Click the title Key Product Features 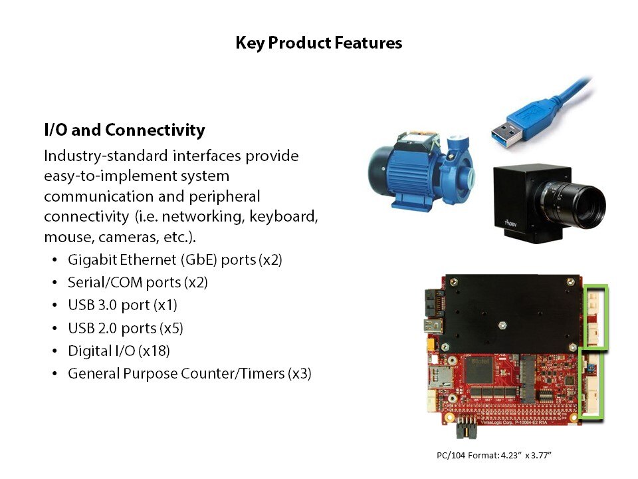318,43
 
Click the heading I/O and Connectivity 124,130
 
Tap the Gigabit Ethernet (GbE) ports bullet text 175,260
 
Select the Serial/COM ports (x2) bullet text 138,282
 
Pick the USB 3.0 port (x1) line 122,305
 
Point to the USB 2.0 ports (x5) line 126,328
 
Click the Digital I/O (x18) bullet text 119,351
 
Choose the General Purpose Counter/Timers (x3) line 189,373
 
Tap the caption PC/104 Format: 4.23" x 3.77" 494,455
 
